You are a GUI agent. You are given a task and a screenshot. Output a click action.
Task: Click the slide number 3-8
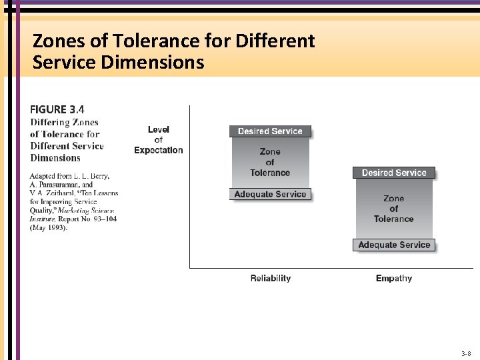point(466,353)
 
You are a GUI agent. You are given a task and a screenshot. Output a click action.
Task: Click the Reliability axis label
point(271,279)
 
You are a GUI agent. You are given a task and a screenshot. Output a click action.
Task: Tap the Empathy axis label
point(394,279)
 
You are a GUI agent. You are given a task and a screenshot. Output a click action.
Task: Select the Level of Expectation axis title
point(158,140)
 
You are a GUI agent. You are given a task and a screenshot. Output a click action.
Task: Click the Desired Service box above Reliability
point(270,131)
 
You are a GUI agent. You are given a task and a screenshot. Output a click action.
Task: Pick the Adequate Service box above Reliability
point(270,195)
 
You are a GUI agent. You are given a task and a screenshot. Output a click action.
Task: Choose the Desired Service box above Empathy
point(394,173)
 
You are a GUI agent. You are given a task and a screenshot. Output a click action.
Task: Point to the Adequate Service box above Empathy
point(394,245)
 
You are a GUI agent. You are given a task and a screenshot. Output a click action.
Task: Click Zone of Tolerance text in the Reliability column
point(270,162)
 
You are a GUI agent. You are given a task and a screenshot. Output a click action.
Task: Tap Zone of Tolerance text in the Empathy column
point(394,209)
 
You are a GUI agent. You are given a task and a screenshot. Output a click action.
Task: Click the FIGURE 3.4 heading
point(57,109)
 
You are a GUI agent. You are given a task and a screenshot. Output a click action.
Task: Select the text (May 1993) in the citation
point(49,228)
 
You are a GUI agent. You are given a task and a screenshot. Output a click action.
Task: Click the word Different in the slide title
point(275,41)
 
